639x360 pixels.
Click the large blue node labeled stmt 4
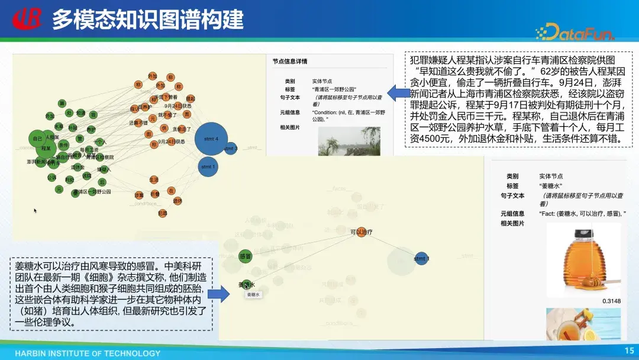211,139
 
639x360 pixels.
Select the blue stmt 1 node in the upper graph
208,166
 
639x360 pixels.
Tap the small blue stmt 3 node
231,149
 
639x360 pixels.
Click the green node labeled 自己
37,139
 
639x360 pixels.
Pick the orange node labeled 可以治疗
361,232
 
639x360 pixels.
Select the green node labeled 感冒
246,256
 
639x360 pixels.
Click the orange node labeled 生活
154,179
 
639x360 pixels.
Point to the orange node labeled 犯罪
163,213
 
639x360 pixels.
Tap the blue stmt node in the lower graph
421,259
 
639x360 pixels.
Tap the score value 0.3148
612,301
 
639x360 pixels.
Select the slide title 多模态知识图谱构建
147,20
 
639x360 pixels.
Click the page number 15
629,351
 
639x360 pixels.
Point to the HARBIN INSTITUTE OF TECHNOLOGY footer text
88,353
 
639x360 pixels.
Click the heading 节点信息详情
290,62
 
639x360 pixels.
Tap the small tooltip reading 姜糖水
253,294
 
